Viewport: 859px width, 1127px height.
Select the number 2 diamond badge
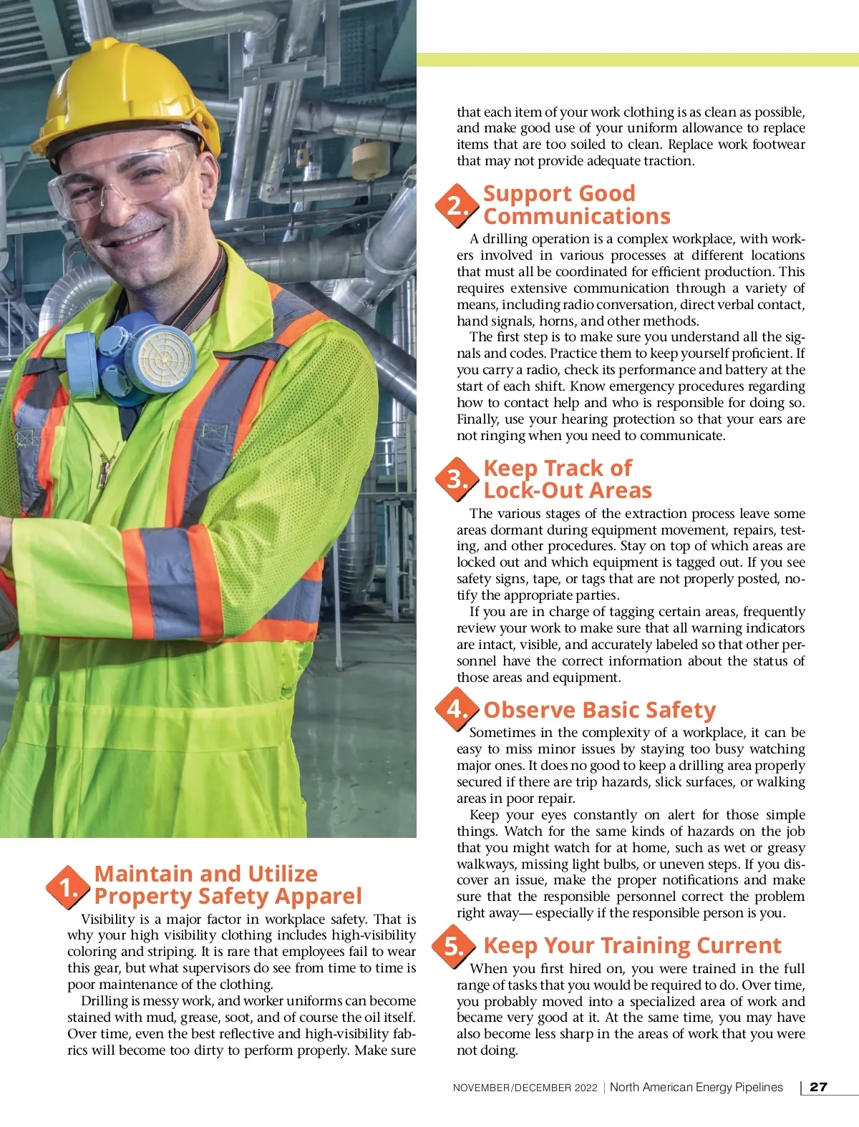(456, 206)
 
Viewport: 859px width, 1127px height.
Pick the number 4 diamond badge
(456, 708)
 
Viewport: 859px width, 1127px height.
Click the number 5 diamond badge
(454, 946)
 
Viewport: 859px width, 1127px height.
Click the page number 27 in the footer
(818, 1087)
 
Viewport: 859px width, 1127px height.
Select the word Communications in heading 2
(577, 216)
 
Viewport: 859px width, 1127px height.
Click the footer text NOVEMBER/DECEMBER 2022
(525, 1088)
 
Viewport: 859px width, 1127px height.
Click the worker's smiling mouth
(136, 236)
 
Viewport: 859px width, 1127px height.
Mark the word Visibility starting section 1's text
(107, 919)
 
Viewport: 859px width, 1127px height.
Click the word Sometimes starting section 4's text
(503, 732)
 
